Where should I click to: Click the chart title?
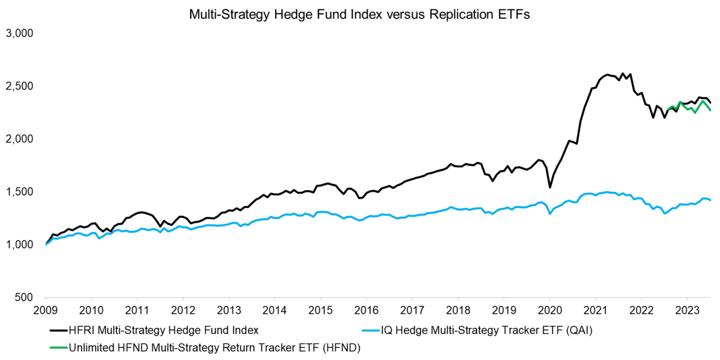tap(359, 15)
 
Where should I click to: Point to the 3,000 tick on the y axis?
tap(20, 34)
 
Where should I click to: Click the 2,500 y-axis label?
tap(20, 86)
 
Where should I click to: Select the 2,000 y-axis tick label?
tap(20, 139)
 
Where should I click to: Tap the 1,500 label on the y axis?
tap(20, 192)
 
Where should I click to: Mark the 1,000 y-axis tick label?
tap(20, 245)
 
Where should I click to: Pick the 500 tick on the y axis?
tap(25, 298)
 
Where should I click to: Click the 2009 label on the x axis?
tap(46, 309)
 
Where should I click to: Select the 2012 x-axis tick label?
tap(183, 309)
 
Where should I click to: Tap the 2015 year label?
tap(320, 309)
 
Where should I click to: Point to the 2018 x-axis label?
tap(458, 309)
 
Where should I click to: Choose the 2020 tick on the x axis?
tap(550, 309)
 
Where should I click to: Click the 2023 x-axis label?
tap(687, 309)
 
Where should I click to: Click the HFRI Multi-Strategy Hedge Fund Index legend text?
tap(163, 330)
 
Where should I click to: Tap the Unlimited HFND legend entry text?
tap(214, 348)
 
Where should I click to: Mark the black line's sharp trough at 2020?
tap(550, 187)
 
